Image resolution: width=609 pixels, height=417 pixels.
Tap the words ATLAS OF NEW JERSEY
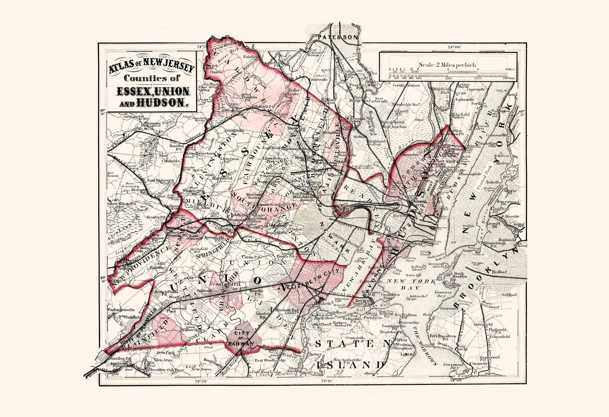151,68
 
